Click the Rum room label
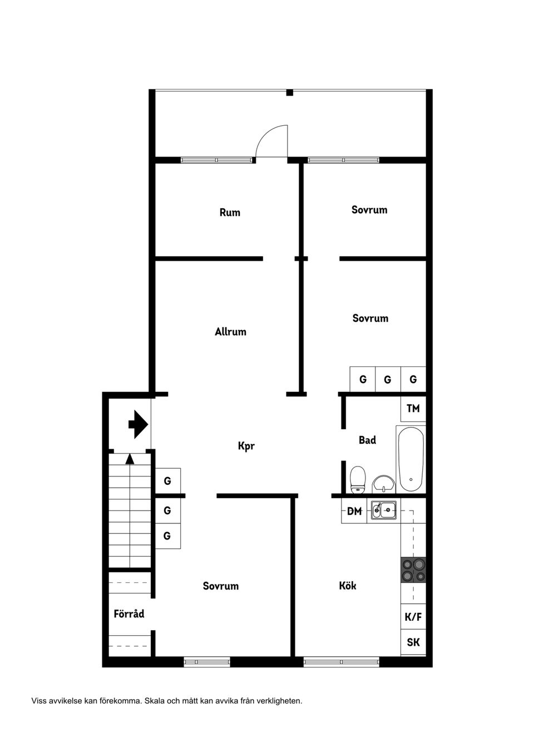(x=230, y=212)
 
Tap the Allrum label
(x=230, y=332)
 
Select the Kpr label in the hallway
(x=246, y=446)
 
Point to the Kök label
(x=348, y=586)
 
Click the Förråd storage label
(x=129, y=613)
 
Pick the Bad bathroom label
(x=367, y=440)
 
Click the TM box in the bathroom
(x=413, y=409)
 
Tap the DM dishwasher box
(x=354, y=511)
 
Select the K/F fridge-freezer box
(x=413, y=617)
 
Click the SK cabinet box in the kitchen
(x=413, y=642)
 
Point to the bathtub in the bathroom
(x=411, y=459)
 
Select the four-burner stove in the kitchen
(x=413, y=570)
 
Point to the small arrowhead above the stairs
(x=130, y=459)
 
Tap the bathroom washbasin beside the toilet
(x=383, y=484)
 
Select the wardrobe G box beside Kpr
(x=167, y=481)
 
